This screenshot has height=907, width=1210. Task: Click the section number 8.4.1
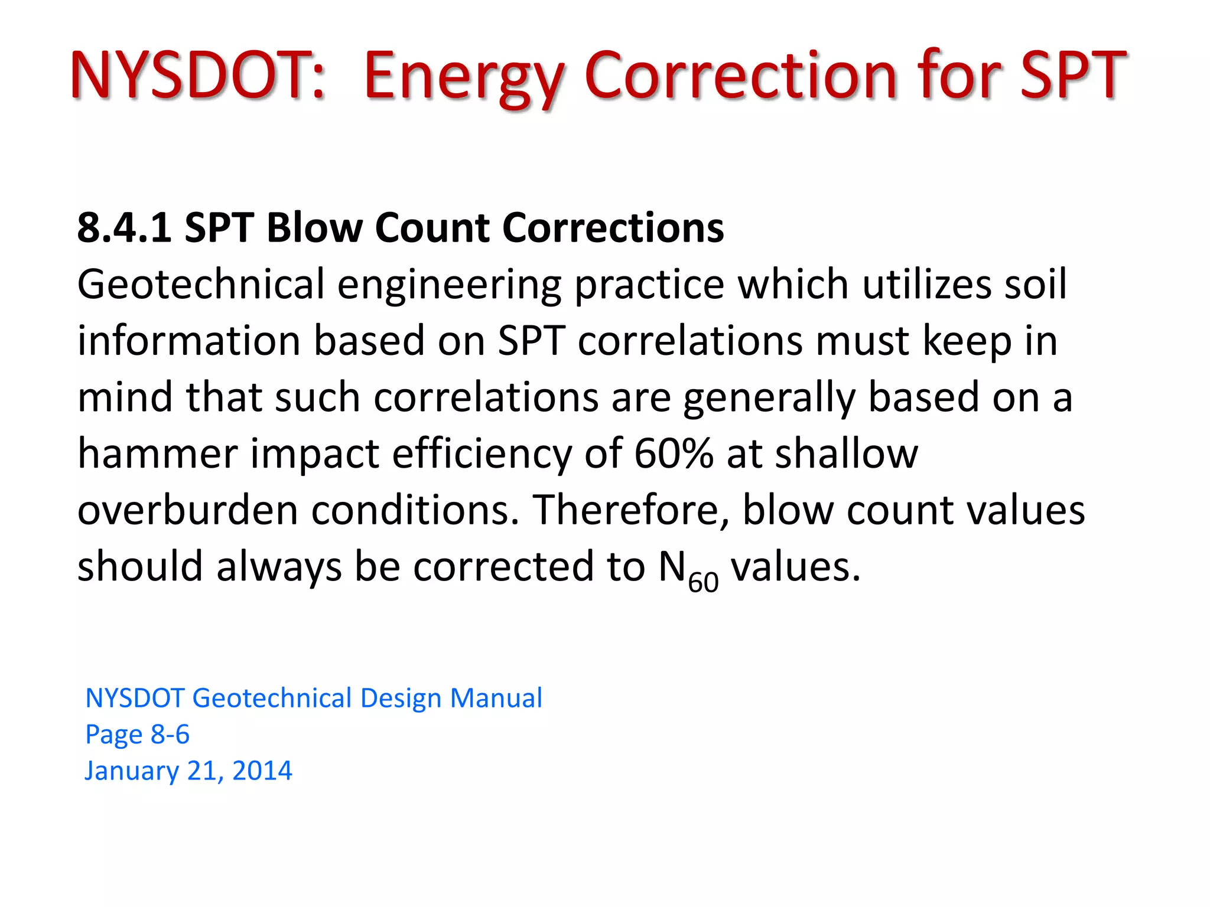coord(124,227)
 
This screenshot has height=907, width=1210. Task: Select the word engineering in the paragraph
coord(449,285)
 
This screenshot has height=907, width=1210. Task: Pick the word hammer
coord(157,454)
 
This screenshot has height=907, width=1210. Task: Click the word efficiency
coord(482,454)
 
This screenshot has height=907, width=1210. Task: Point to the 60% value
coord(674,453)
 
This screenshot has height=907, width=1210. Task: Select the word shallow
coord(846,453)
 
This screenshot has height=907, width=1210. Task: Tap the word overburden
coord(187,510)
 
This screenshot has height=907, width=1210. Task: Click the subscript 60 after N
coord(703,582)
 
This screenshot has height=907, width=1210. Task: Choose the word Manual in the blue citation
coord(496,698)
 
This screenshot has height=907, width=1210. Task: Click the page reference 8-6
coord(170,734)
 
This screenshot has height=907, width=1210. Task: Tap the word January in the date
coord(131,771)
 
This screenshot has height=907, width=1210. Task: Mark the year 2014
coord(262,771)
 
